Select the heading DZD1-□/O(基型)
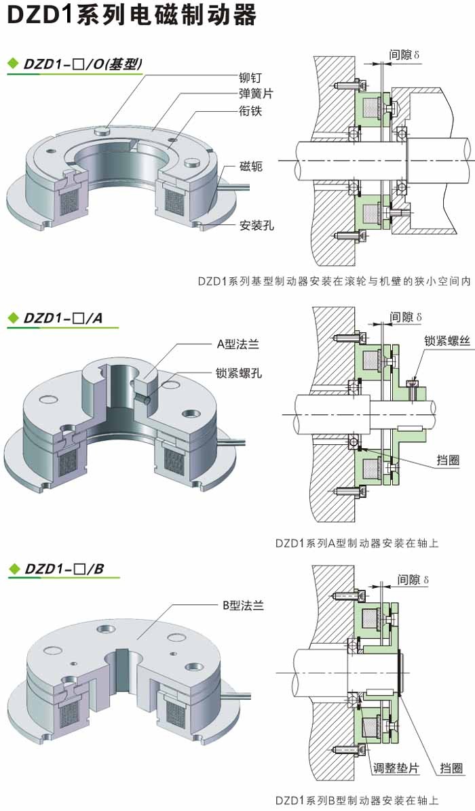click(x=82, y=65)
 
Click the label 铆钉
click(x=248, y=78)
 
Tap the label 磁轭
click(x=250, y=166)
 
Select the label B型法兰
click(x=242, y=606)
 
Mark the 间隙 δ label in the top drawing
click(x=406, y=54)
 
